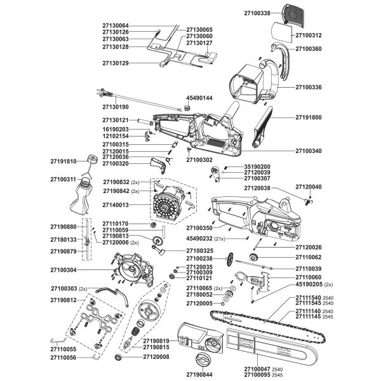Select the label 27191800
pos(309,117)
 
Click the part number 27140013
pos(116,205)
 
